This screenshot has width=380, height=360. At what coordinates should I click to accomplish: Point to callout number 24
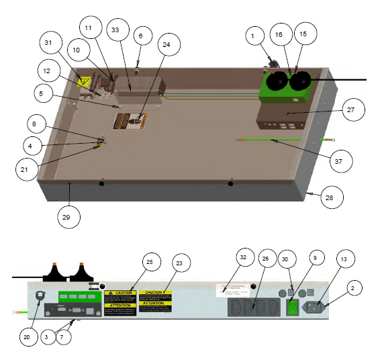165,45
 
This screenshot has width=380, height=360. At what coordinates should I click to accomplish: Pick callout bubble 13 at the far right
344,259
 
